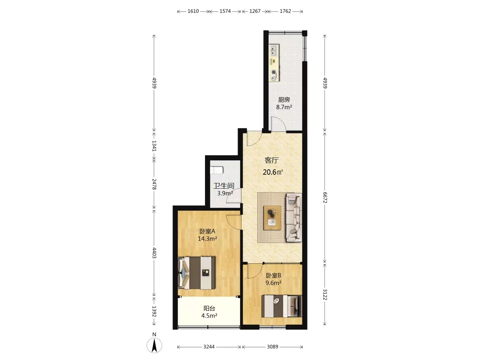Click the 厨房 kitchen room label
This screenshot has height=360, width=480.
click(x=284, y=100)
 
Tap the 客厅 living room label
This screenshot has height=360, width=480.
click(x=271, y=160)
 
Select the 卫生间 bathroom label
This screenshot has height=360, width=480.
click(x=224, y=186)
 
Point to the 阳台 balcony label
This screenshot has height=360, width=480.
click(x=209, y=308)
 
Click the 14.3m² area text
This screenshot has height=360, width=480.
click(x=207, y=238)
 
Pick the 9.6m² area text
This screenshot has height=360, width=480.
click(x=273, y=283)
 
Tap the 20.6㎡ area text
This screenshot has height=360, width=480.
click(x=273, y=172)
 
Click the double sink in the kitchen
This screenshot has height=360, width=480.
click(x=274, y=50)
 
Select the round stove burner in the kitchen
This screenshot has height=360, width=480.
click(x=274, y=72)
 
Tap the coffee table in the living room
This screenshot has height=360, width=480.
click(x=272, y=218)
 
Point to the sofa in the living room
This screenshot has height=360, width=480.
click(x=294, y=217)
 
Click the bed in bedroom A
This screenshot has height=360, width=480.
click(x=197, y=273)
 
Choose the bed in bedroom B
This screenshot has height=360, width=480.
click(x=282, y=306)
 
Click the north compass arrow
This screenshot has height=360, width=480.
click(x=154, y=345)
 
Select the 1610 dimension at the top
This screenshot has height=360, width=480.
click(x=193, y=11)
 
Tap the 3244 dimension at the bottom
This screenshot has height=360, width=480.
click(x=209, y=347)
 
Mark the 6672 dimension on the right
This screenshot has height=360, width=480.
click(x=325, y=198)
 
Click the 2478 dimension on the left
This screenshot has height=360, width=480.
click(x=154, y=184)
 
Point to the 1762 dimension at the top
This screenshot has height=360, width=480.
click(x=285, y=11)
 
